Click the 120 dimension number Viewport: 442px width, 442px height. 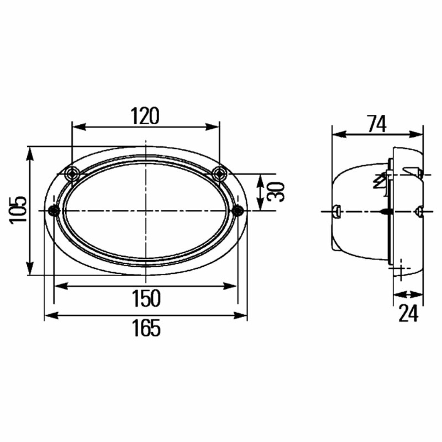tap(145, 116)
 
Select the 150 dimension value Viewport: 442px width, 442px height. tap(146, 298)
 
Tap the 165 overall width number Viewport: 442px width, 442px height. tap(146, 328)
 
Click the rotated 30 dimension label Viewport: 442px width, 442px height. tap(276, 192)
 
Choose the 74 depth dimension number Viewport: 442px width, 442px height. tap(377, 124)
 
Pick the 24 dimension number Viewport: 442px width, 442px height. tap(408, 314)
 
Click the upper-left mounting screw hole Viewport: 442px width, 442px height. tap(73, 174)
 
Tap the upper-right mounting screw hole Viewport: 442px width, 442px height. tap(219, 174)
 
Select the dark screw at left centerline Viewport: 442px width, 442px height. tap(54, 211)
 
